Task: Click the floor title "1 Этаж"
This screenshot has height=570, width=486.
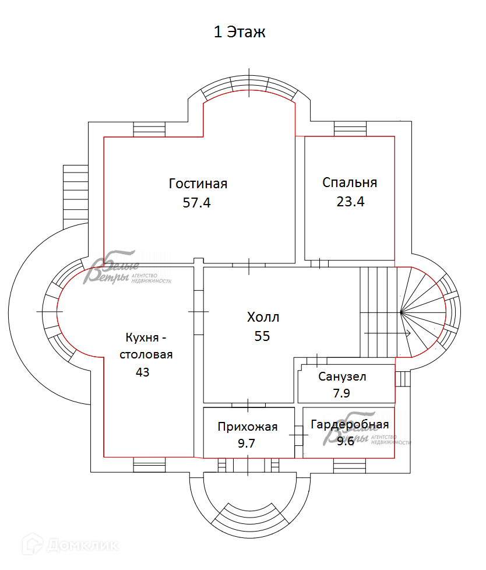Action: pyautogui.click(x=240, y=32)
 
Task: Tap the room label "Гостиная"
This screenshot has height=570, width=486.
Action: pyautogui.click(x=198, y=184)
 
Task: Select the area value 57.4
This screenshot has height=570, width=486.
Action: pyautogui.click(x=196, y=203)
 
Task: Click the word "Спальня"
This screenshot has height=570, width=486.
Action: pyautogui.click(x=350, y=182)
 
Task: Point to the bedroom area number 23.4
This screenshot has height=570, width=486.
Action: pyautogui.click(x=350, y=202)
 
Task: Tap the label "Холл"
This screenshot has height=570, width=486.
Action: pyautogui.click(x=263, y=318)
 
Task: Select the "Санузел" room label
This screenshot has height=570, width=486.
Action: pyautogui.click(x=342, y=377)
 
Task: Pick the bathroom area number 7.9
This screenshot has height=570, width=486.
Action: pyautogui.click(x=341, y=393)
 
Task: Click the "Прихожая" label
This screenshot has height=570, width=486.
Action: pyautogui.click(x=247, y=427)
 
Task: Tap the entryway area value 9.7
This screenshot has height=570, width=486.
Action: pyautogui.click(x=246, y=443)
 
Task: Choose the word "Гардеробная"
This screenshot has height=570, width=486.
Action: pyautogui.click(x=350, y=424)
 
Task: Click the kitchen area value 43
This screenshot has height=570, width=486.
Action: pyautogui.click(x=142, y=372)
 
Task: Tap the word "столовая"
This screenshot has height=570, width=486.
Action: pyautogui.click(x=146, y=354)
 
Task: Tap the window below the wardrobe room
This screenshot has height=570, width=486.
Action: pyautogui.click(x=350, y=465)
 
